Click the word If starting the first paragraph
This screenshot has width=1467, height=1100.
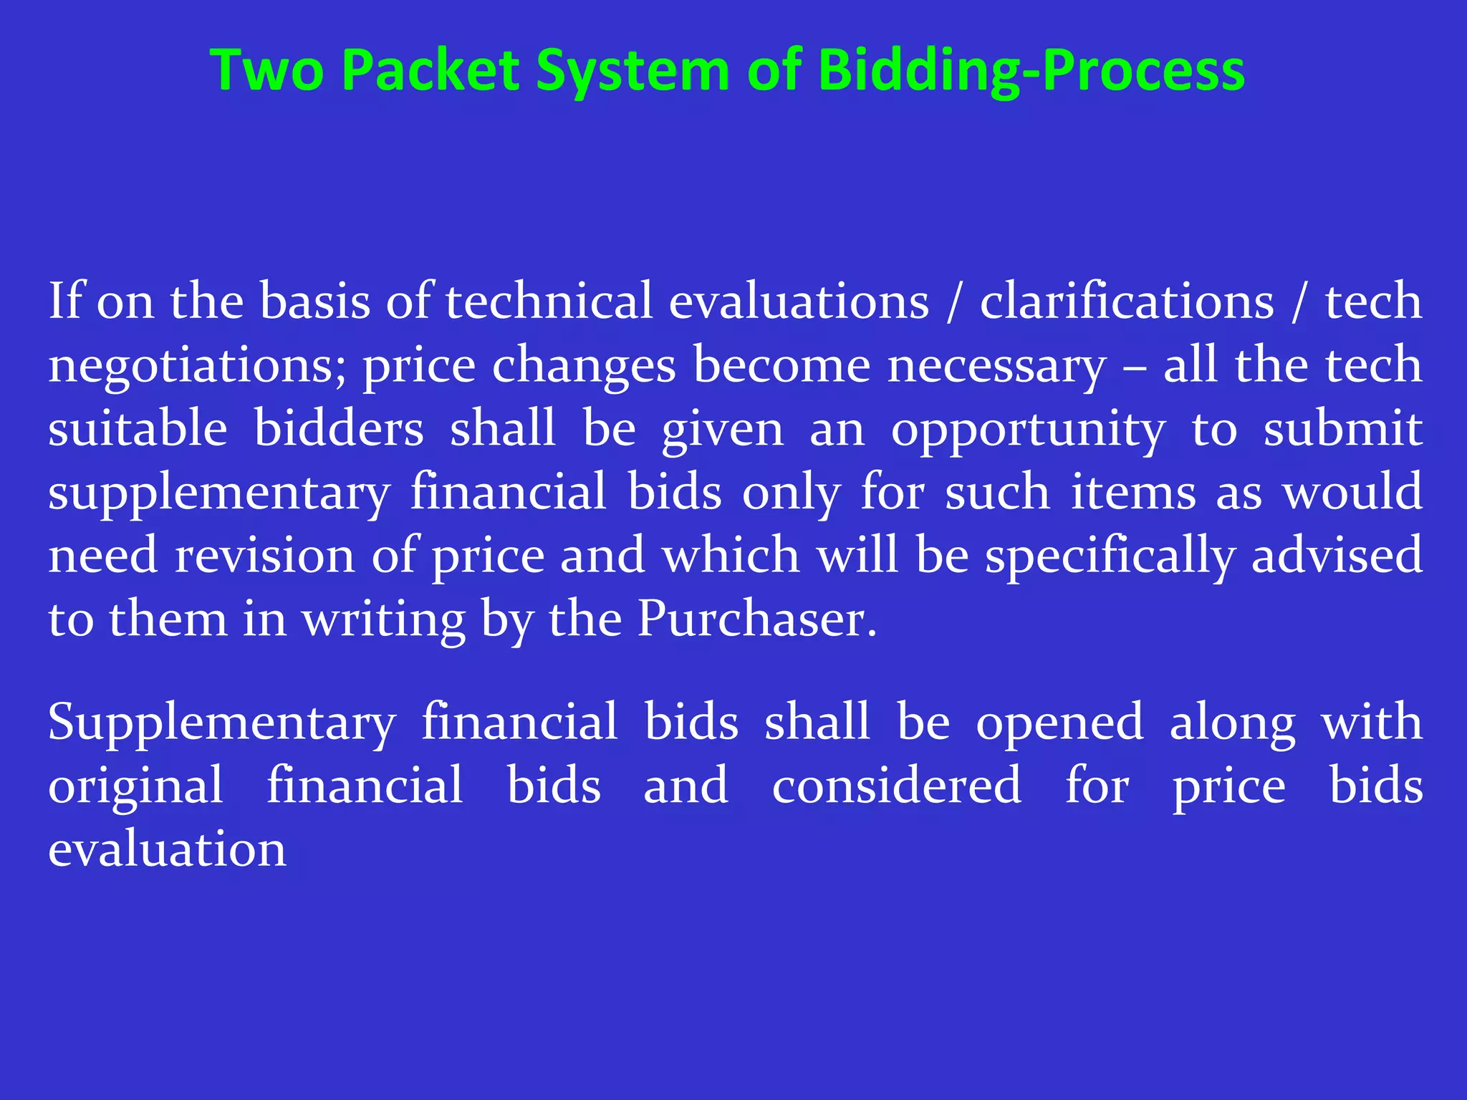65,301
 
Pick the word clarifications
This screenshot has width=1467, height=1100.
1127,301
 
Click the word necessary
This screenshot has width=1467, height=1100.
996,366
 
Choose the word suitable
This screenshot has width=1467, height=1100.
138,428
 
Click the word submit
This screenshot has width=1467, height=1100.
1342,428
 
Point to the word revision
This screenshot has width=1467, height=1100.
264,556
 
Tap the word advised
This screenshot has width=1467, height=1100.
1337,556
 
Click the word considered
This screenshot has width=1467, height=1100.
896,786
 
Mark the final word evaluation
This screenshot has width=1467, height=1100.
167,849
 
